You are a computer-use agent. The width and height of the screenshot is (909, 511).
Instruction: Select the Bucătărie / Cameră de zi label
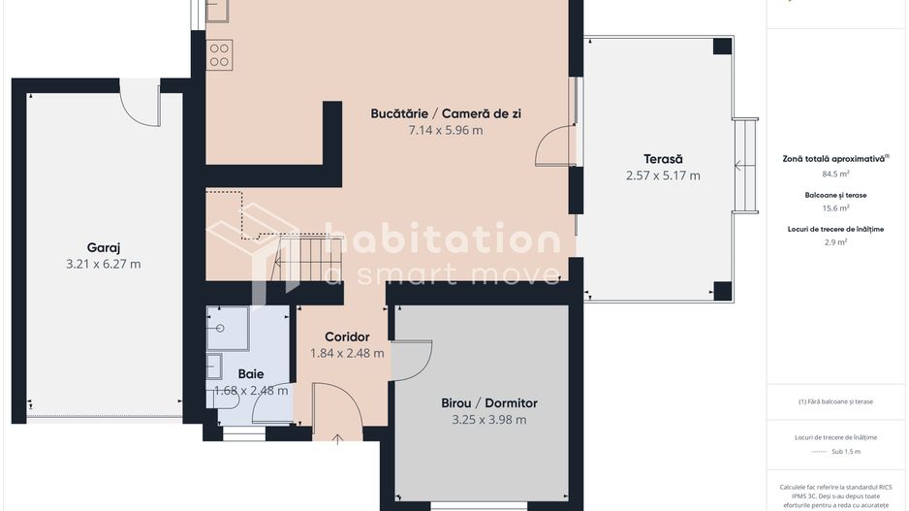pyautogui.click(x=446, y=113)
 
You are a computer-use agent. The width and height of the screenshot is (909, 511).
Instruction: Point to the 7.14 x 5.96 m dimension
pyautogui.click(x=446, y=130)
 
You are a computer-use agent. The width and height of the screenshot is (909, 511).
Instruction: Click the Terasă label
pyautogui.click(x=663, y=159)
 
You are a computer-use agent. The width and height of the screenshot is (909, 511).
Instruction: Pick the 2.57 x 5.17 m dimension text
pyautogui.click(x=663, y=176)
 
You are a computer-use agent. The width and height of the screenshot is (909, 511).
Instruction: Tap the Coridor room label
pyautogui.click(x=347, y=336)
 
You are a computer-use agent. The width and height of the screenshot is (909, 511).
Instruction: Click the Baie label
pyautogui.click(x=250, y=374)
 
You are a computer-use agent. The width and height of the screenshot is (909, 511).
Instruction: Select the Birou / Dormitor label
pyautogui.click(x=488, y=403)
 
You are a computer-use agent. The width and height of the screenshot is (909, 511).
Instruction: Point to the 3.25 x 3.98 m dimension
pyautogui.click(x=488, y=420)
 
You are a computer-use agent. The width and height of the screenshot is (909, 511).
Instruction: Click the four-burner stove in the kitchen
pyautogui.click(x=219, y=53)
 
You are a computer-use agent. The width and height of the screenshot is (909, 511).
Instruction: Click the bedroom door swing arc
pyautogui.click(x=412, y=360)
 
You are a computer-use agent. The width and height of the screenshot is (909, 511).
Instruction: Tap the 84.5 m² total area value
pyautogui.click(x=835, y=175)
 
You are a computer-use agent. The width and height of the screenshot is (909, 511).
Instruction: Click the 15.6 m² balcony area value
pyautogui.click(x=835, y=208)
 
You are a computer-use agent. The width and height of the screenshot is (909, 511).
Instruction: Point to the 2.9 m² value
pyautogui.click(x=835, y=242)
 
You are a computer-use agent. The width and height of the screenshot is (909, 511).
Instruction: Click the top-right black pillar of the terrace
pyautogui.click(x=722, y=47)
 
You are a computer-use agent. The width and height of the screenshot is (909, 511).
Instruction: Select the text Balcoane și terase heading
pyautogui.click(x=835, y=195)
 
